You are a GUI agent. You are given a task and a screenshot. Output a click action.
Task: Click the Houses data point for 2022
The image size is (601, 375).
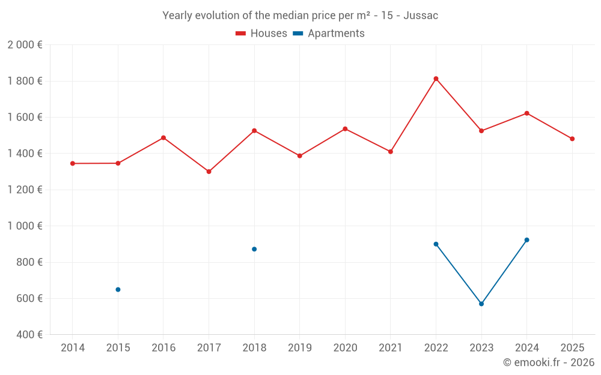(436, 79)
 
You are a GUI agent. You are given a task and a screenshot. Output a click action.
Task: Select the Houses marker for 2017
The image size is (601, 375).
(209, 172)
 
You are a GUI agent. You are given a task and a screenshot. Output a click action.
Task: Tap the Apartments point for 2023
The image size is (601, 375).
(481, 304)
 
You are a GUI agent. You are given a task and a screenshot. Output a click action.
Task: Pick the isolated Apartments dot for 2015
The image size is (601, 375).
(118, 289)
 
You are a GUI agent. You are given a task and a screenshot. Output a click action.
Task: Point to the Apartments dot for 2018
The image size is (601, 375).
(254, 249)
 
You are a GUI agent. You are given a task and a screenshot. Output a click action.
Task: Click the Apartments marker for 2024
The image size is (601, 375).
(527, 240)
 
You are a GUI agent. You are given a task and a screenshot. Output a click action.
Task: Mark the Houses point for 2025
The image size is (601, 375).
(572, 139)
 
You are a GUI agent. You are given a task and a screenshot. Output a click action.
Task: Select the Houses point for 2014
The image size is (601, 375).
(73, 163)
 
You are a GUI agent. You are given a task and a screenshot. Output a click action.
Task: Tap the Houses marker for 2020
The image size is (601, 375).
(345, 129)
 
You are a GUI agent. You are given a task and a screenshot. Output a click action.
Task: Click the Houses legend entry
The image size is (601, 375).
(261, 34)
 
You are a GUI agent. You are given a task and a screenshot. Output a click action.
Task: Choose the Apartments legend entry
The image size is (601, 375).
(329, 34)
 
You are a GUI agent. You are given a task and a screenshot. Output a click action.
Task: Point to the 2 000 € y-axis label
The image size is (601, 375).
(25, 45)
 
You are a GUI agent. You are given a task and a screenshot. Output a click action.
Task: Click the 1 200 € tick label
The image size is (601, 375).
(25, 190)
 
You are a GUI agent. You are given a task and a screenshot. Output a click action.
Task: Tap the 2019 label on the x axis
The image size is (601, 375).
(299, 348)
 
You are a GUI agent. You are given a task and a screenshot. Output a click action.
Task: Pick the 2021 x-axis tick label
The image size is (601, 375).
(390, 348)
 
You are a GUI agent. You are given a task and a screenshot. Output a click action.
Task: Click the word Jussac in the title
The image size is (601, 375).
(421, 16)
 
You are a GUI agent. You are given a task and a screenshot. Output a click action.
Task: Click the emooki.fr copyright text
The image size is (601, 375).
(548, 362)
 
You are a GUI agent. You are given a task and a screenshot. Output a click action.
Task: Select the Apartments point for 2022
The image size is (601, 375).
(436, 244)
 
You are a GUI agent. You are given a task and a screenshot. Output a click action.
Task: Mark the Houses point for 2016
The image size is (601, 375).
(163, 138)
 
